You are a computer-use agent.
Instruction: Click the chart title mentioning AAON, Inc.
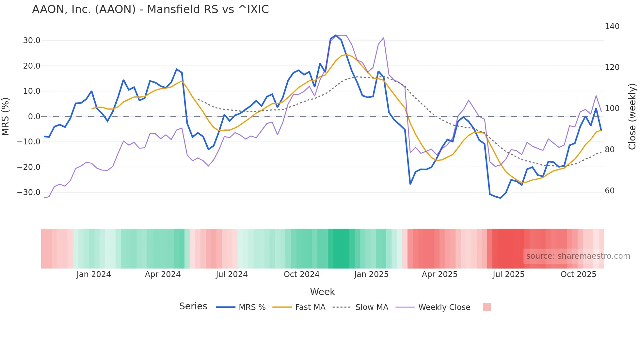(150, 9)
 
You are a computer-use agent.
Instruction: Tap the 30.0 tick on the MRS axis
(31, 41)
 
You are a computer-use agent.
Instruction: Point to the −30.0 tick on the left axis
(29, 192)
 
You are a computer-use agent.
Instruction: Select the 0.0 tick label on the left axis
(34, 117)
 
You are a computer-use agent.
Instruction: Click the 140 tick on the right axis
(612, 26)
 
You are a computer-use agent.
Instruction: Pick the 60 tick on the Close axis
(609, 191)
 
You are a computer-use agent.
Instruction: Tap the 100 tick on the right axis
(612, 108)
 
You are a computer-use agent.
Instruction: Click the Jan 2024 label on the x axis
(94, 274)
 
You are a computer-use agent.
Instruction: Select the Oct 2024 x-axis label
(301, 274)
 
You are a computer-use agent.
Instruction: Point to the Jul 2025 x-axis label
(508, 274)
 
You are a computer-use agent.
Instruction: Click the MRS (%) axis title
(6, 117)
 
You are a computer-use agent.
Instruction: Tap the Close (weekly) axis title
(632, 117)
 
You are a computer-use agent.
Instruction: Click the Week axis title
(322, 292)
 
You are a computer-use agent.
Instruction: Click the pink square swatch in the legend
(487, 307)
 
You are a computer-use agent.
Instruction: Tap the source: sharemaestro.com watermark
(578, 256)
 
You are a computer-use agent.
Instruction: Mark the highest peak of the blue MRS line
(336, 35)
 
